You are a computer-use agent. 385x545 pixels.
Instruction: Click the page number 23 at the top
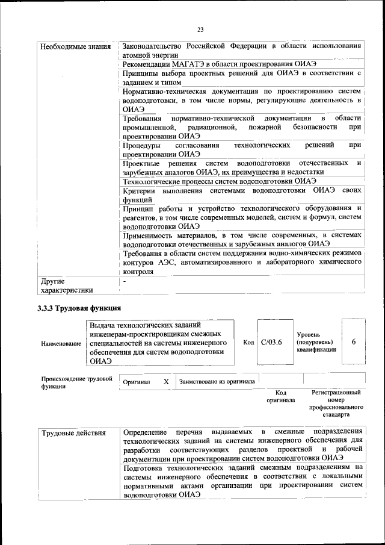pyautogui.click(x=200, y=30)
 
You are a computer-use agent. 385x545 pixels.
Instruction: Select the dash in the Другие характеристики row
pyautogui.click(x=125, y=281)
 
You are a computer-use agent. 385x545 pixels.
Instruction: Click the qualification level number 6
pyautogui.click(x=354, y=342)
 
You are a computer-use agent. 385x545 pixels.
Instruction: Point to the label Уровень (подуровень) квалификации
pyautogui.click(x=316, y=342)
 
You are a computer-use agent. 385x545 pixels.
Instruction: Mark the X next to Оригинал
pyautogui.click(x=166, y=382)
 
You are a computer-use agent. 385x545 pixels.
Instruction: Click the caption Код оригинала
pyautogui.click(x=281, y=396)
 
